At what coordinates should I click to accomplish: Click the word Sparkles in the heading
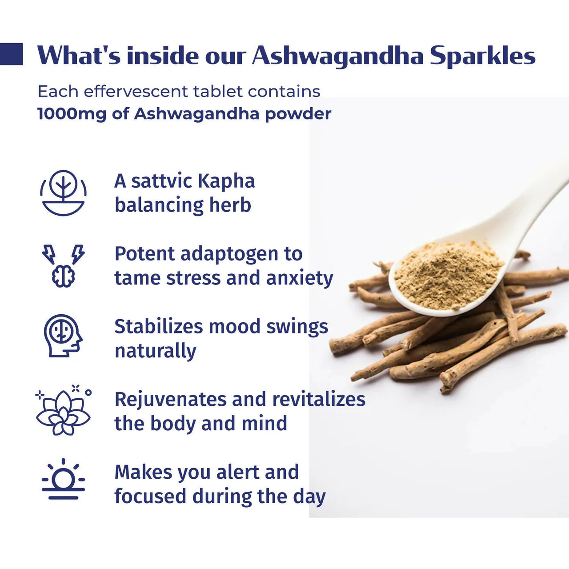pos(482,56)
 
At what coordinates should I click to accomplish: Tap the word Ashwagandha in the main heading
pos(337,56)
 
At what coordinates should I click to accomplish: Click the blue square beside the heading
pos(11,54)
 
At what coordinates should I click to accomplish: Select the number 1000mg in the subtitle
pos(72,114)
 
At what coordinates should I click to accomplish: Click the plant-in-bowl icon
pos(63,193)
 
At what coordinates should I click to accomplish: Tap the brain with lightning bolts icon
pos(63,265)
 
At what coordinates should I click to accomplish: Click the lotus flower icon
pos(63,411)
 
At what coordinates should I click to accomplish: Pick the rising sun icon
pos(63,480)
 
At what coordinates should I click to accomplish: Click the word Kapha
pos(226,181)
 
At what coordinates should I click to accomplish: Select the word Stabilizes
pos(159,327)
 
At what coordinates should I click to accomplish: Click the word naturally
pos(156,351)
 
